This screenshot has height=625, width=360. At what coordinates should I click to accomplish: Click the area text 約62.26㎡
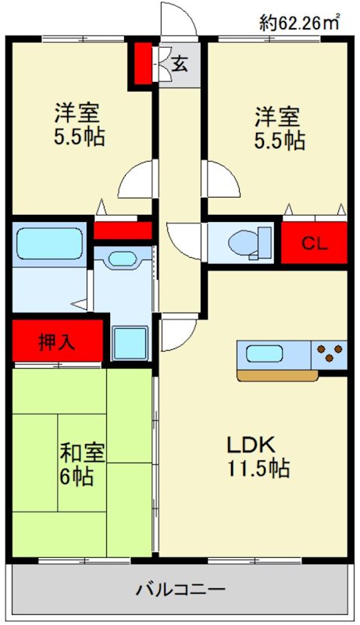point(301,23)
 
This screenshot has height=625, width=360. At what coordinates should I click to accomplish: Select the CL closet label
point(315,242)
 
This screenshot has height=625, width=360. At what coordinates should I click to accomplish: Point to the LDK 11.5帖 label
point(258,456)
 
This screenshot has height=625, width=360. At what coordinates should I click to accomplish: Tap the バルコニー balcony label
point(180,589)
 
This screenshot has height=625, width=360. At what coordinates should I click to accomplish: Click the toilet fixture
point(251,242)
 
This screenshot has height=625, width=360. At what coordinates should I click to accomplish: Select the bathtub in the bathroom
point(49,243)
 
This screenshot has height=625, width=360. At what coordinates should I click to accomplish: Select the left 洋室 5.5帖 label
point(79,127)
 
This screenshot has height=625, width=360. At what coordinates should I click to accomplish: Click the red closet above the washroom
point(123,230)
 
